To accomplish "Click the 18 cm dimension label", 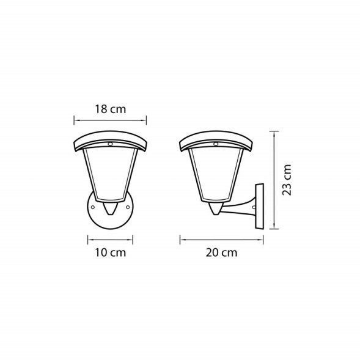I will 110,109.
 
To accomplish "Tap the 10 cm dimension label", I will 110,252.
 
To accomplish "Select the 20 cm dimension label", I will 221,252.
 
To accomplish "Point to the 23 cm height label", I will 287,179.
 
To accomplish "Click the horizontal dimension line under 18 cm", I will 110,120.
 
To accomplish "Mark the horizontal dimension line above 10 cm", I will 110,239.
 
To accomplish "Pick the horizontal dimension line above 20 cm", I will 221,239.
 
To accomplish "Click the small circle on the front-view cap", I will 111,145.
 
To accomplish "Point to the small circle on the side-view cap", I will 218,145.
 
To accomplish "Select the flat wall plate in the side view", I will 259,205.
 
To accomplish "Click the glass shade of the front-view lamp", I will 110,174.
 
